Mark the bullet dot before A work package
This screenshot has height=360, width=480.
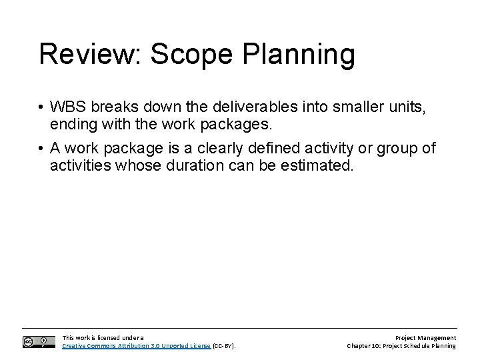pyautogui.click(x=41, y=148)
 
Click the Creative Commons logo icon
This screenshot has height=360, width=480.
pyautogui.click(x=39, y=341)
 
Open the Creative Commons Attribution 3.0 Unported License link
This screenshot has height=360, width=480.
pyautogui.click(x=136, y=346)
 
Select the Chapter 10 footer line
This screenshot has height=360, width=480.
pyautogui.click(x=401, y=346)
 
